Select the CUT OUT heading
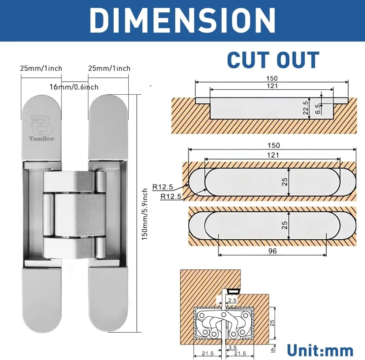coord(273,60)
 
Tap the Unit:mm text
coord(320,350)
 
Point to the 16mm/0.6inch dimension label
coord(74,87)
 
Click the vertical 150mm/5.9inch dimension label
coord(145,214)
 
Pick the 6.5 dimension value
coord(318,108)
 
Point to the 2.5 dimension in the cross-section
coord(232,300)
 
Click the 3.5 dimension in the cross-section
coord(232,347)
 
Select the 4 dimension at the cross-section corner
coord(272,350)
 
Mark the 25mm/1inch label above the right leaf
coord(109,68)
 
